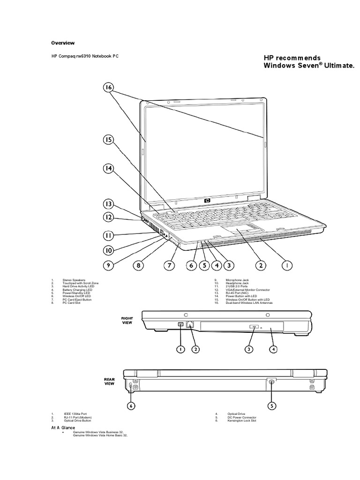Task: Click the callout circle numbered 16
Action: pos(108,88)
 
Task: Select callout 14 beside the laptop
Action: pos(108,169)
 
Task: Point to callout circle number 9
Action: pos(108,265)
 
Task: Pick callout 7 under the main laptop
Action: pos(170,265)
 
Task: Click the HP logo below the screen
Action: pos(207,201)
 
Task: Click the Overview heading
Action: pos(63,43)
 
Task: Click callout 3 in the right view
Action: pos(249,349)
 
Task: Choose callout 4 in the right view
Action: pos(273,349)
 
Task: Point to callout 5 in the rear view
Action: pos(271,405)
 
